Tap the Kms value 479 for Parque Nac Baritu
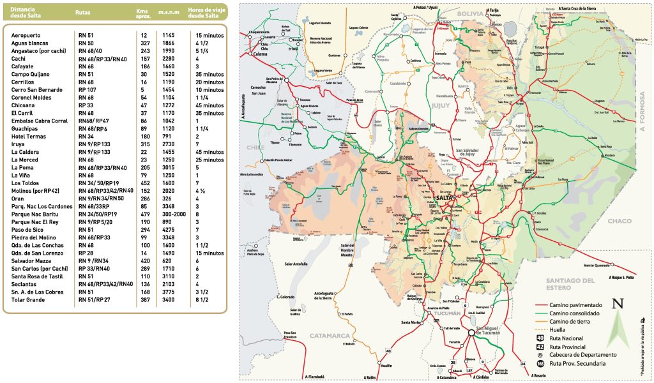tap(144, 214)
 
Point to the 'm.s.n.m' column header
tap(168, 12)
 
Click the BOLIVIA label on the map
tap(471, 13)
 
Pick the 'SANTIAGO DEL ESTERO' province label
tap(570, 283)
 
